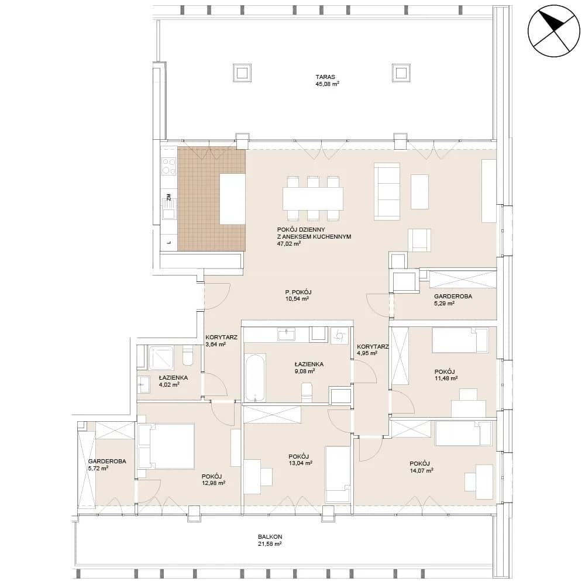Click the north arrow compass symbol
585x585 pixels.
point(554,31)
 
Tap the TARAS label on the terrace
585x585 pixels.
point(325,77)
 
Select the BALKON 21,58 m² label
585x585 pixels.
point(270,540)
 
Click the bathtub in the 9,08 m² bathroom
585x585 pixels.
point(256,378)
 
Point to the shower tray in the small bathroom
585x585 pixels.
point(161,358)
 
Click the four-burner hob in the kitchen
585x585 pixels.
point(168,166)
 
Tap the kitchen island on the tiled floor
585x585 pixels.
point(232,199)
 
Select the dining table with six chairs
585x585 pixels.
point(313,198)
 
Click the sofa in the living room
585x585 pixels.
point(387,191)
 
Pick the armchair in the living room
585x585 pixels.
point(419,240)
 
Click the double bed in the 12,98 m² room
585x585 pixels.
point(166,446)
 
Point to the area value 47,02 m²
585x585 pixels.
point(289,244)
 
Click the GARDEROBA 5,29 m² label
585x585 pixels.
point(453,300)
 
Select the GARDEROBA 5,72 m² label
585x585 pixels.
point(107,464)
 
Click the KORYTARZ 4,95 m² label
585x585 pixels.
point(373,350)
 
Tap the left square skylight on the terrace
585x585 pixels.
point(242,73)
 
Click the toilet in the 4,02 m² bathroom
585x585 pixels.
point(187,356)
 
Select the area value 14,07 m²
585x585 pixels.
point(421,470)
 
